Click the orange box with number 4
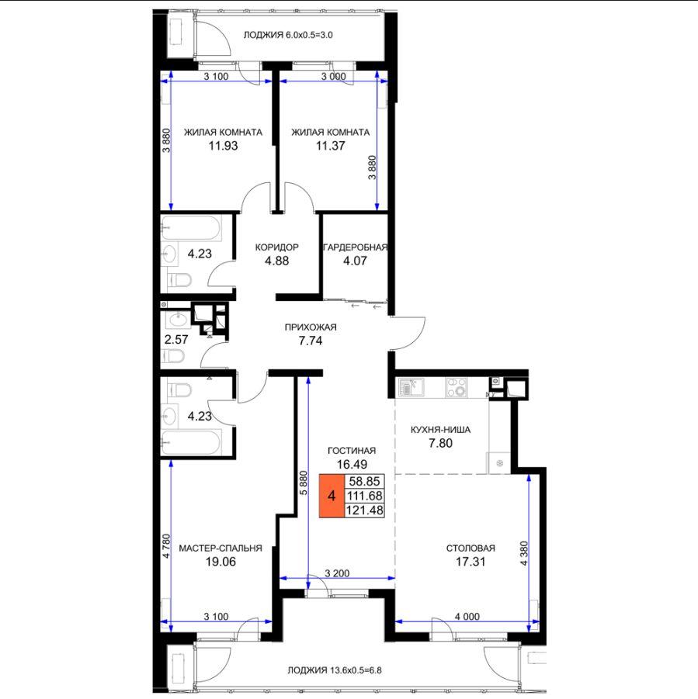[x=332, y=496]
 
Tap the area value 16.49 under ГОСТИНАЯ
[x=352, y=464]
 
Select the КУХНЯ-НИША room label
[x=440, y=430]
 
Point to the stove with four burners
[x=457, y=387]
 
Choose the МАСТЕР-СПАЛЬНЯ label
[x=221, y=548]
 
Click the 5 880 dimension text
[x=304, y=483]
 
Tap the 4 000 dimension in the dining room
[x=467, y=617]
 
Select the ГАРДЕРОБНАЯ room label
[x=355, y=247]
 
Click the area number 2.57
[x=176, y=339]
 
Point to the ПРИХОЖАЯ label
[x=311, y=327]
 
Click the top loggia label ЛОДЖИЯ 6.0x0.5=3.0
[x=288, y=35]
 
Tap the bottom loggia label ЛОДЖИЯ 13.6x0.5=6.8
[x=335, y=670]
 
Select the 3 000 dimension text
[x=333, y=76]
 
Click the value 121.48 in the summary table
[x=364, y=510]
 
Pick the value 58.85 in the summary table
[x=364, y=481]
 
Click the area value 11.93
[x=223, y=146]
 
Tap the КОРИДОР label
[x=276, y=247]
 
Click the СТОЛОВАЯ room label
[x=471, y=548]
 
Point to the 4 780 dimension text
[x=166, y=546]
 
